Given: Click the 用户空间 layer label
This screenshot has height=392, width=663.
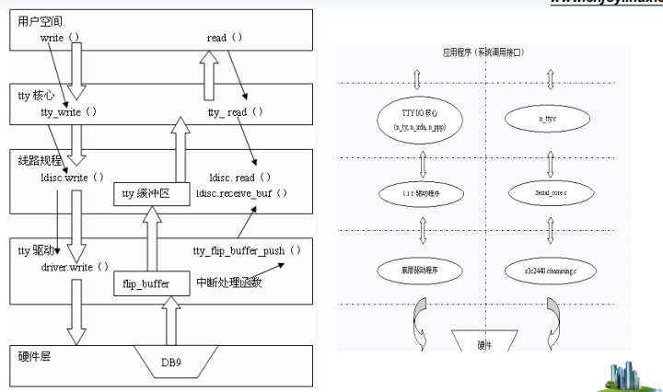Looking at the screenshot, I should point(41,20).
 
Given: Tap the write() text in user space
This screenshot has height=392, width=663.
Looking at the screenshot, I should point(62,40).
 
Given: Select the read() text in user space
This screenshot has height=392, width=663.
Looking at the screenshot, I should point(227,40).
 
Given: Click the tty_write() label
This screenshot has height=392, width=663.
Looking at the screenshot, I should point(70,111).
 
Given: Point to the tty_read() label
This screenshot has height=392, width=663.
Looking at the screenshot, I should point(236,111).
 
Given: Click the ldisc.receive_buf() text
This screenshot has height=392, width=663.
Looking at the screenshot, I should point(249,193).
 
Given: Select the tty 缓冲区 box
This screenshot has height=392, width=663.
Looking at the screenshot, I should point(152,193).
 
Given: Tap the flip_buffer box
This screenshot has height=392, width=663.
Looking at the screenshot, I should point(148,283).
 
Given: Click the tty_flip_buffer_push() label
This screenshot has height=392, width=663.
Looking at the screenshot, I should point(248,250).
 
